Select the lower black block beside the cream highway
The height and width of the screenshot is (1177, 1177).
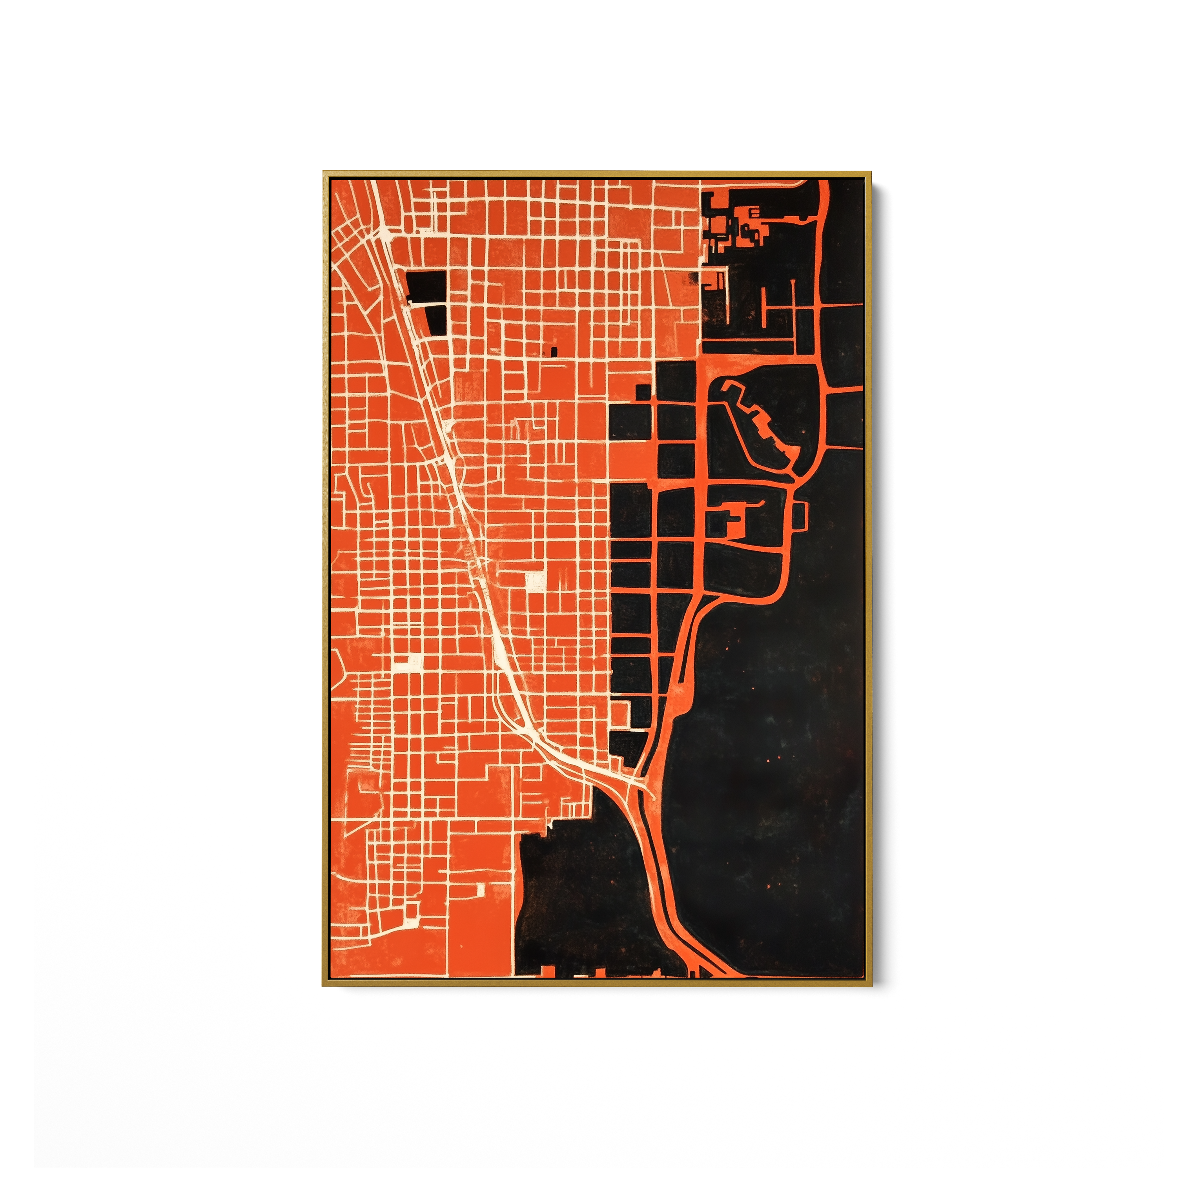pyautogui.click(x=435, y=319)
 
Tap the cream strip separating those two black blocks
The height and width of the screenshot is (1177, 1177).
pyautogui.click(x=426, y=303)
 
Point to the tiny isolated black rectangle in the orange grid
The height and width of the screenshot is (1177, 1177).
pyautogui.click(x=554, y=352)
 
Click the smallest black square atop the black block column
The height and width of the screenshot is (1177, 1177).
pyautogui.click(x=643, y=393)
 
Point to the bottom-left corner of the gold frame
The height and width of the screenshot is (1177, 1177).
pyautogui.click(x=324, y=985)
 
